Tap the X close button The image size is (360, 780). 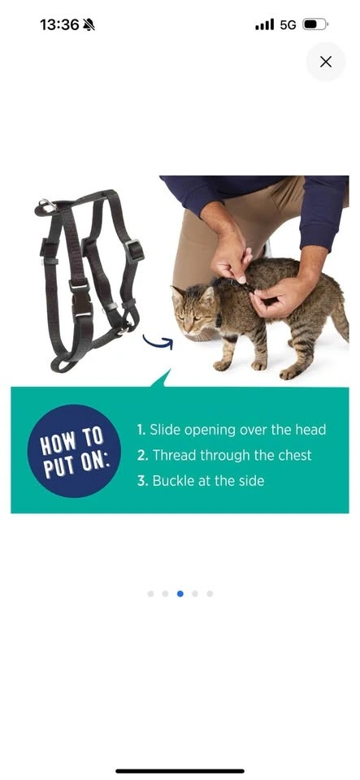[326, 62]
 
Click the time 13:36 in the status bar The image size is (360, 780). [59, 25]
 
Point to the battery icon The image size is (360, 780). [315, 24]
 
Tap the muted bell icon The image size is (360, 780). [89, 25]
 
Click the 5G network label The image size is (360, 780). [288, 25]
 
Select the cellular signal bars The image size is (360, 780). [265, 24]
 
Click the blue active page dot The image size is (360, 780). [180, 593]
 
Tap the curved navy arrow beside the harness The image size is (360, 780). [158, 342]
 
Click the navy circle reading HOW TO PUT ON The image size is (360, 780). [74, 451]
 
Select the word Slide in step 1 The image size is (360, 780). [165, 429]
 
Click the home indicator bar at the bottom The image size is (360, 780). [180, 771]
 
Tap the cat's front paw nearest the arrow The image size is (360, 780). [222, 366]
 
